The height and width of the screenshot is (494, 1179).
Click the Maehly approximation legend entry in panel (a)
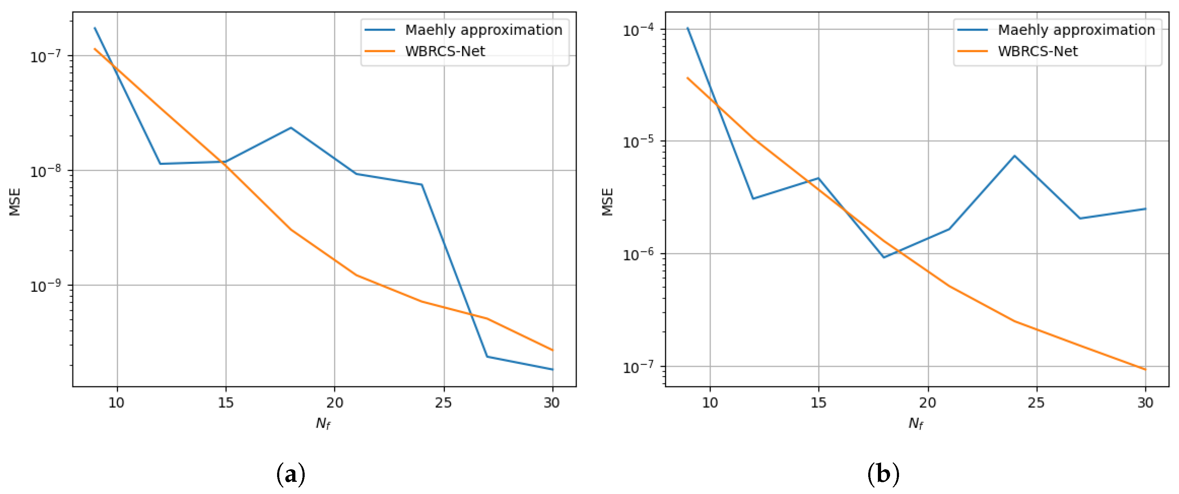[x=483, y=30]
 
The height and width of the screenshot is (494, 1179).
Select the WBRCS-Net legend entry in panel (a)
[x=444, y=51]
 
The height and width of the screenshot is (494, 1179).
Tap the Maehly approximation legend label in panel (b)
[x=1076, y=30]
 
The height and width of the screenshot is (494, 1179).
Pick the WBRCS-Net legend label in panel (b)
[x=1037, y=51]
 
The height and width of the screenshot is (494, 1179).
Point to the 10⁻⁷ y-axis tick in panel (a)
[x=45, y=57]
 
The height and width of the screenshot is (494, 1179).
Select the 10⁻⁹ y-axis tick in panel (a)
[x=45, y=286]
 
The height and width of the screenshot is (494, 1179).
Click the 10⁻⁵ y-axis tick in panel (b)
[x=638, y=142]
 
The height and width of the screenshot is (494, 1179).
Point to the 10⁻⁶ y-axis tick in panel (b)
[x=638, y=255]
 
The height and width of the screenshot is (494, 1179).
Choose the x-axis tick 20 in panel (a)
[x=334, y=403]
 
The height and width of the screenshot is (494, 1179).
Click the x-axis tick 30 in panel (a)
[x=552, y=403]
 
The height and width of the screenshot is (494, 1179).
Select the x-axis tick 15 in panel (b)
[x=818, y=403]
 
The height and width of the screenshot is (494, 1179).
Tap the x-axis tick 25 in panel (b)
[x=1036, y=403]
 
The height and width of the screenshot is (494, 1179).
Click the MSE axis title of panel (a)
[x=15, y=201]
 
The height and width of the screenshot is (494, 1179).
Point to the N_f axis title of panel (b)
[x=916, y=423]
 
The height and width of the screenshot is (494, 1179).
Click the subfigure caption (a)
[x=291, y=475]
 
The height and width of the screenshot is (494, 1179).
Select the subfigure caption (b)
[x=883, y=475]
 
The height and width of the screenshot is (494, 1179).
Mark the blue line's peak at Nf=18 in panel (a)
[x=291, y=128]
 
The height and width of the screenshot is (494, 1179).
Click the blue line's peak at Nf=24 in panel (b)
[x=1015, y=156]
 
